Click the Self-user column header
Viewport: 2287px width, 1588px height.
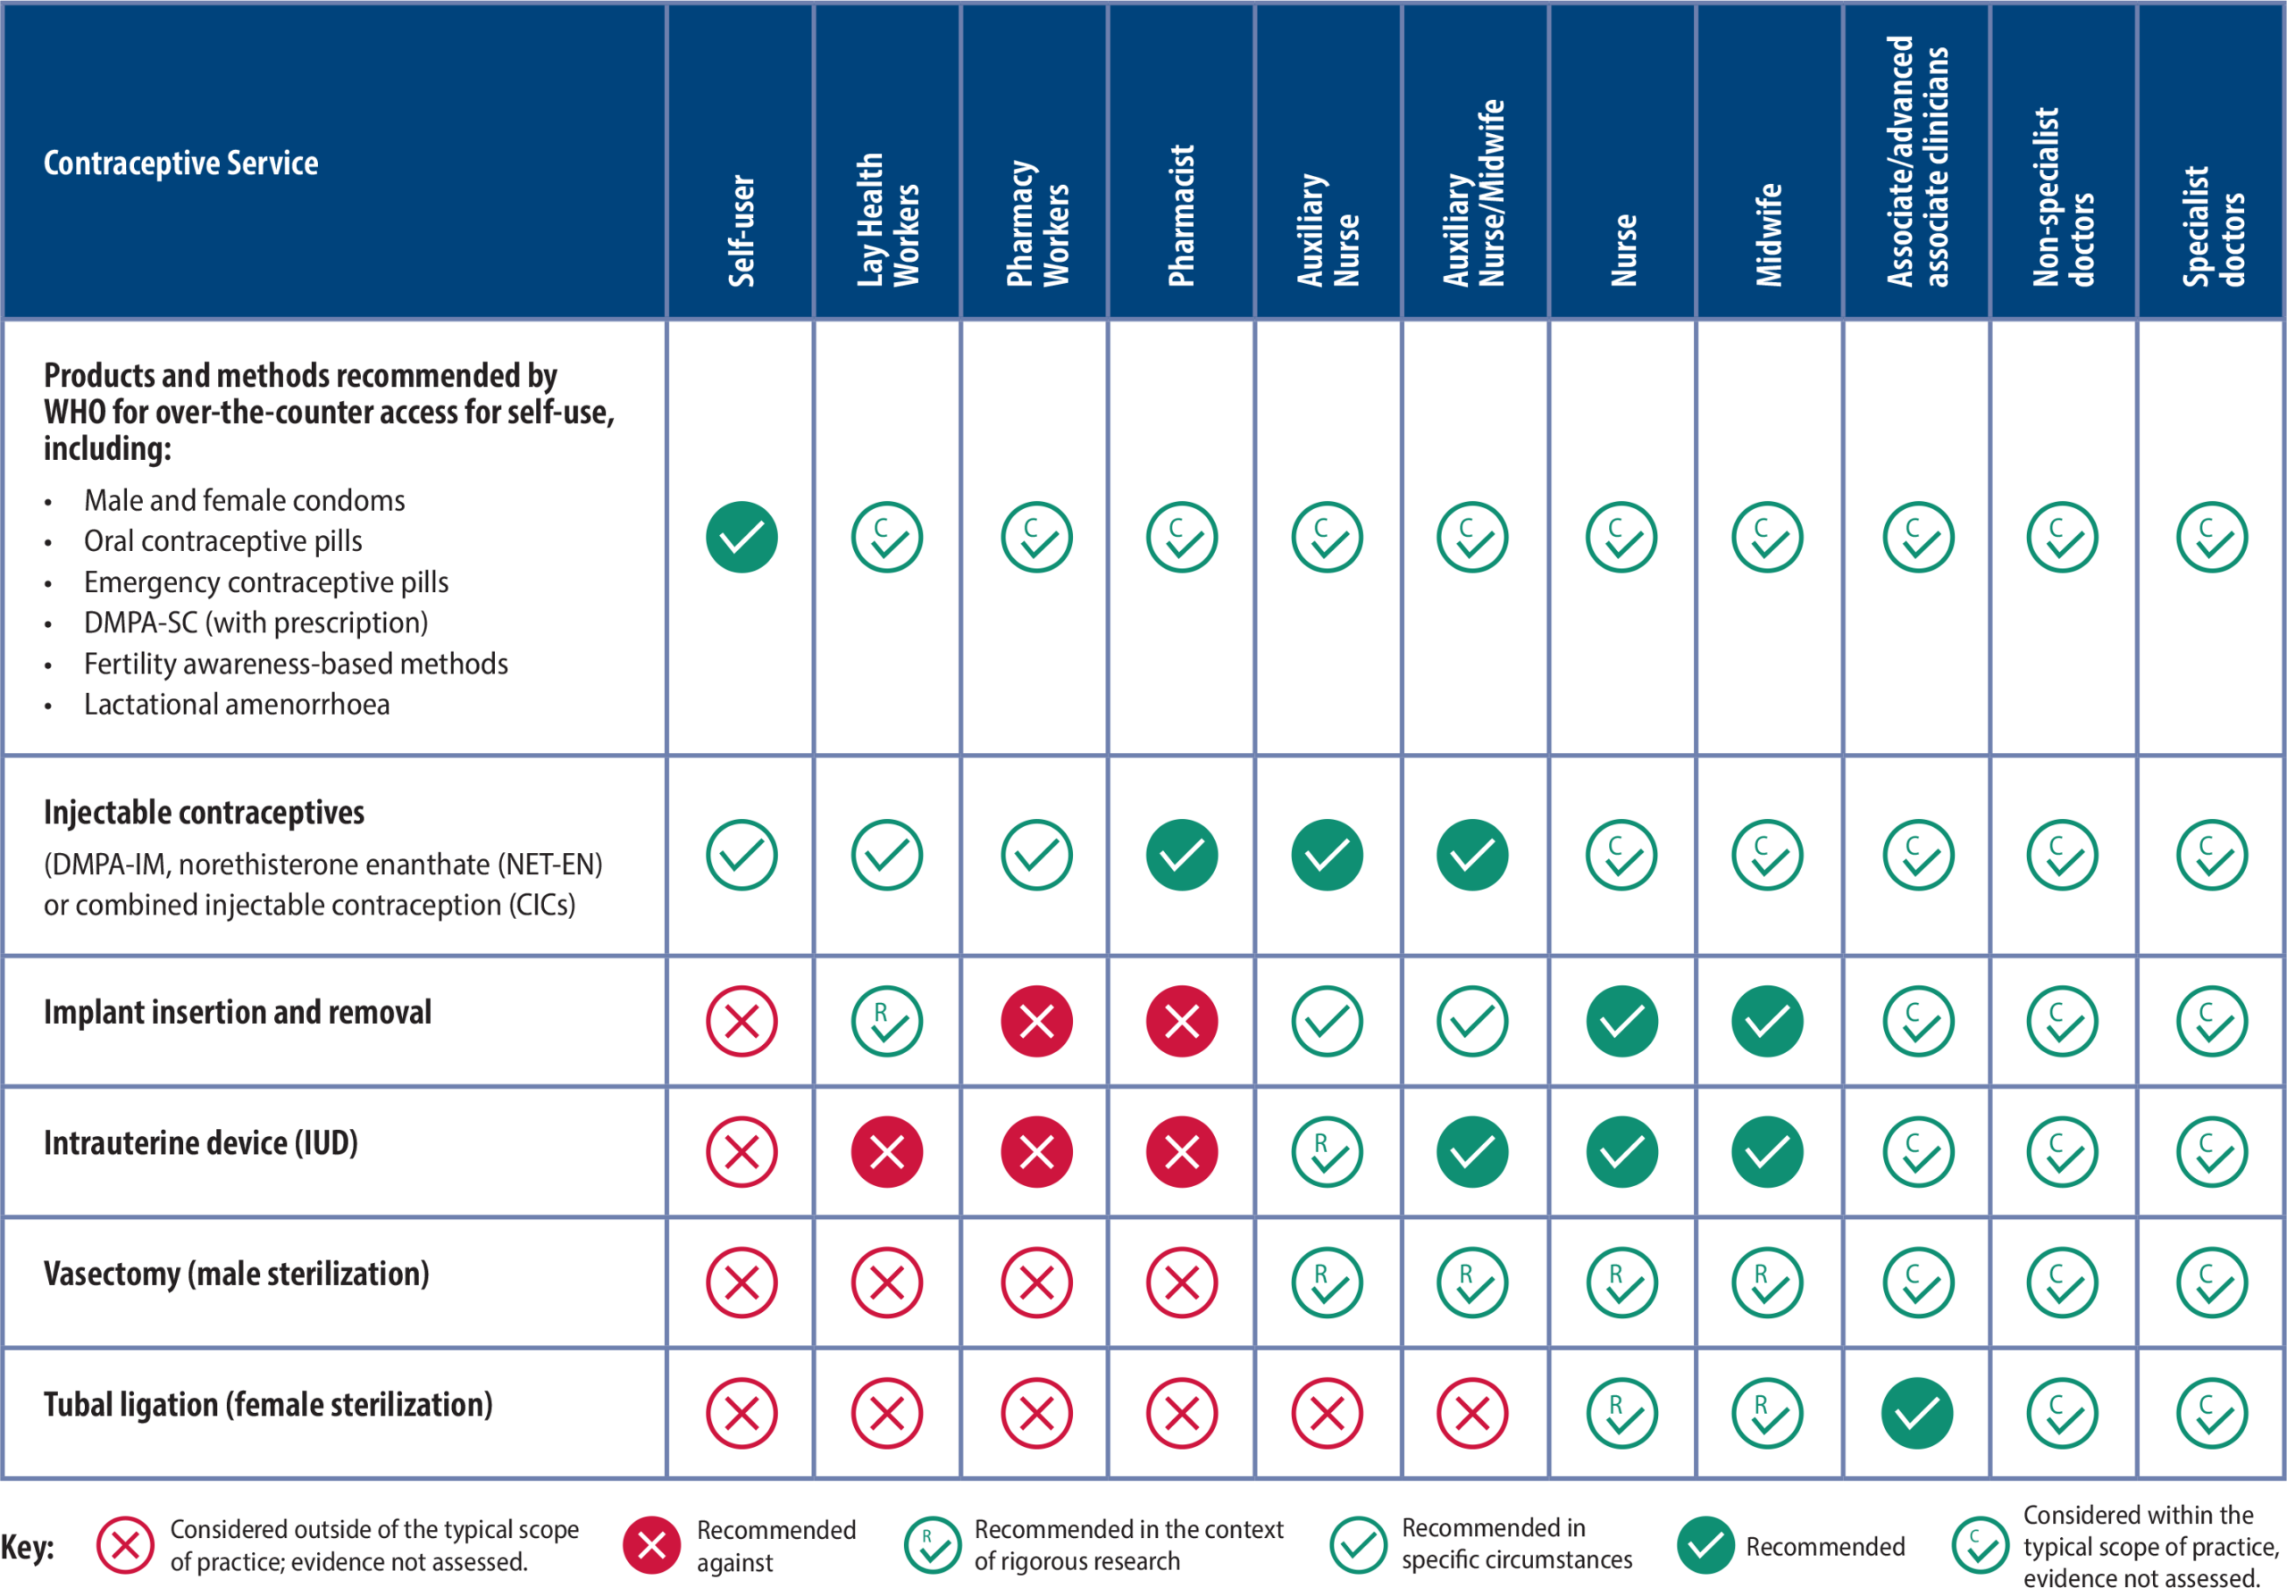click(x=741, y=230)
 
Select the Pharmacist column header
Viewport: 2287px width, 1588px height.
click(x=1181, y=216)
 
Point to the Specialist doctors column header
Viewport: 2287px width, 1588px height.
click(x=2212, y=227)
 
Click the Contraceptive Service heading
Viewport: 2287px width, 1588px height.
click(x=181, y=163)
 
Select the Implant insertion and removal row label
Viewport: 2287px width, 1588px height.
click(x=238, y=1013)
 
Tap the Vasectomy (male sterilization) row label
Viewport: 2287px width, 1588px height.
click(x=237, y=1275)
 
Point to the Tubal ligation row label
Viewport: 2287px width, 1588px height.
click(x=268, y=1405)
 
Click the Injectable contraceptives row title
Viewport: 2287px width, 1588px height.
click(x=204, y=813)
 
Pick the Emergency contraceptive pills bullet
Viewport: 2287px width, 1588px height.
click(x=265, y=583)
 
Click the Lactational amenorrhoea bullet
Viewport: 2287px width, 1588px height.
click(x=237, y=705)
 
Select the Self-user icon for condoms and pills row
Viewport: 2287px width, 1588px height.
click(x=741, y=538)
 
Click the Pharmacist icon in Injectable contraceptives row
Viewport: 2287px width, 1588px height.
click(x=1181, y=855)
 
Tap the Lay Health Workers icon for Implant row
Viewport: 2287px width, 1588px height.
click(x=887, y=1021)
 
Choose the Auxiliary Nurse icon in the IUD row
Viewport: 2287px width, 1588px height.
click(x=1327, y=1152)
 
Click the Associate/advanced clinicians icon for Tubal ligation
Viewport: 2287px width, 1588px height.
click(x=1917, y=1413)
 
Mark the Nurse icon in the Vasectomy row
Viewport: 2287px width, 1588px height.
click(x=1621, y=1283)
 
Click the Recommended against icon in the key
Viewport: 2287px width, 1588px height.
click(x=652, y=1545)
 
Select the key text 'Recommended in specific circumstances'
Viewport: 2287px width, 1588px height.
click(x=1517, y=1543)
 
